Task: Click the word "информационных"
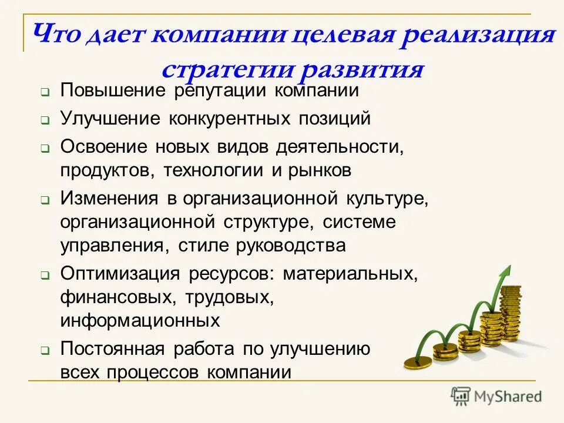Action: pos(140,321)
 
